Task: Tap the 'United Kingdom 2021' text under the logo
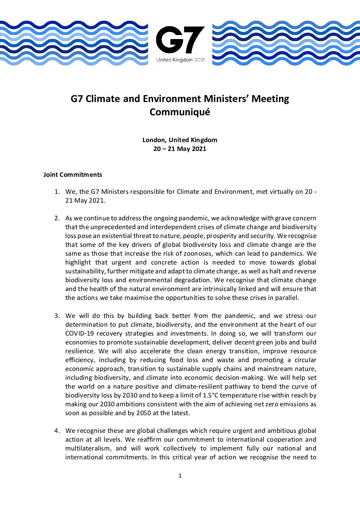(x=180, y=60)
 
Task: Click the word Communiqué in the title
(x=180, y=112)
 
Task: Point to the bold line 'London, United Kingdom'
(x=180, y=140)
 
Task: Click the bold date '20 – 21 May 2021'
(x=180, y=149)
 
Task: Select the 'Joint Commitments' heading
(x=72, y=174)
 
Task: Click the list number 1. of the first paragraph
(x=57, y=192)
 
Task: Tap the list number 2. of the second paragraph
(x=57, y=218)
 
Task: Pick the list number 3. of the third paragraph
(x=57, y=316)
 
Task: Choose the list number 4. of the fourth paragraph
(x=57, y=431)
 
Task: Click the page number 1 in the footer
(x=180, y=476)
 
